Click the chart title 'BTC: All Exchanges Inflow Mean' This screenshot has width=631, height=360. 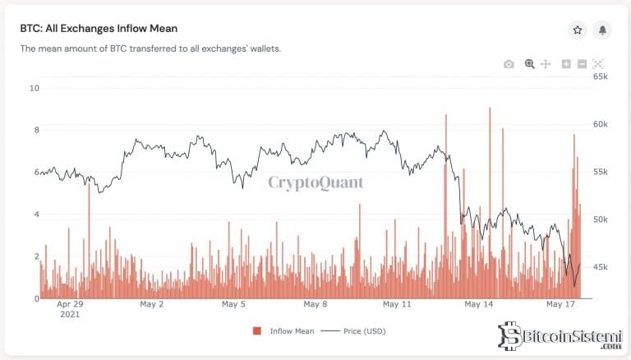coord(99,28)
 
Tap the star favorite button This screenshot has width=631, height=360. coord(578,30)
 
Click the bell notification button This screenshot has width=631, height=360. coord(603,30)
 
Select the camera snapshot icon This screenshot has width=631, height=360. coord(509,64)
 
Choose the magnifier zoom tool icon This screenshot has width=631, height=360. coord(530,64)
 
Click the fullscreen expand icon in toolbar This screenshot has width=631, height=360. coord(598,64)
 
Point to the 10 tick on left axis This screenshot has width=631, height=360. coord(34,88)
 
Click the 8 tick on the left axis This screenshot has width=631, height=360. coord(36,130)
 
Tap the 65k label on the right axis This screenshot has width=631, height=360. coord(600,76)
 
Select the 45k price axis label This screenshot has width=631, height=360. coord(600,267)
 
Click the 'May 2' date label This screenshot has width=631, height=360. coord(152,304)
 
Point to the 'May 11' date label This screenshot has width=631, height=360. coord(397,304)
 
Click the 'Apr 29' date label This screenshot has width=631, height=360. coord(70,304)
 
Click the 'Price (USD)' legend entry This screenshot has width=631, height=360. coord(359,331)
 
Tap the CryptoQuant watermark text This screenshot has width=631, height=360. coord(315,182)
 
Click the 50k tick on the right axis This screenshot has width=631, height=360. coord(600,219)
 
